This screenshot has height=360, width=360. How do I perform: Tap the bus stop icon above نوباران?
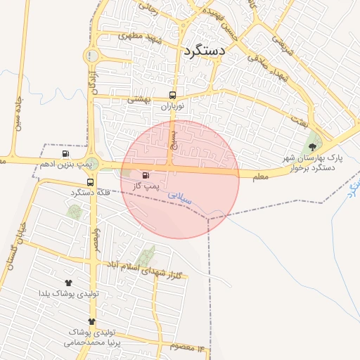coord(172,96)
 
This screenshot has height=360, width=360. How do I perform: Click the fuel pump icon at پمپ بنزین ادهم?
coord(66,153)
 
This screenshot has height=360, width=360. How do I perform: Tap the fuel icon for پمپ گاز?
coord(146,175)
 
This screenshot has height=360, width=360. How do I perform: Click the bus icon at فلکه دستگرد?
coord(90,182)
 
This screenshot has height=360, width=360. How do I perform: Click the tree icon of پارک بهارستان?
coord(312,146)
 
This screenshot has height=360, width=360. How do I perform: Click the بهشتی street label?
coord(139,101)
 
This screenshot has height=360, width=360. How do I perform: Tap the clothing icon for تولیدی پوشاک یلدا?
coord(68,283)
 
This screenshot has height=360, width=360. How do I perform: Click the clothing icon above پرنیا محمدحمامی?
coord(91,321)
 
